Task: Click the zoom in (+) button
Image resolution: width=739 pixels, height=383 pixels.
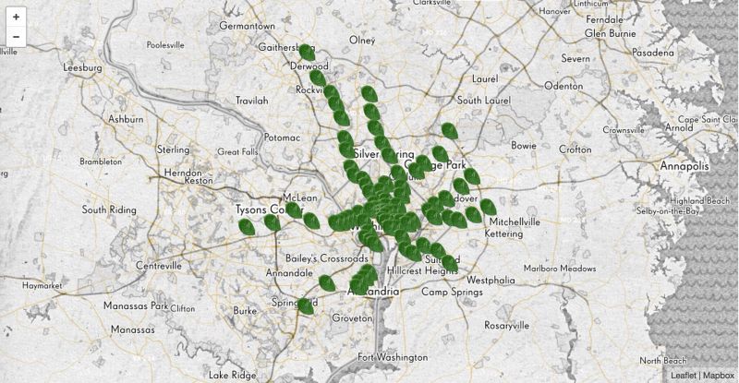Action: [x=16, y=17]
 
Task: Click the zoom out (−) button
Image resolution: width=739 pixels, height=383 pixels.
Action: [x=16, y=38]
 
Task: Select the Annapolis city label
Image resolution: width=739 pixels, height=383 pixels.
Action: [x=684, y=166]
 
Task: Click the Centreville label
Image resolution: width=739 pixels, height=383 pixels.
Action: [x=159, y=266]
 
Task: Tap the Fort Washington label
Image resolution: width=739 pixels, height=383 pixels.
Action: [x=393, y=357]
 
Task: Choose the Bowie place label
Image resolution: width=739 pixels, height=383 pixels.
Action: [x=523, y=146]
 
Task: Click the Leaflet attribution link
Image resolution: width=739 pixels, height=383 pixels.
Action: [x=683, y=376]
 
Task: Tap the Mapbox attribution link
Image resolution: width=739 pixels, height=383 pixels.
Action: [x=718, y=376]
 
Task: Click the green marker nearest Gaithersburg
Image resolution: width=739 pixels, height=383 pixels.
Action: [x=307, y=53]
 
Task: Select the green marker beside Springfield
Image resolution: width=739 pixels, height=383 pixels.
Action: [x=306, y=305]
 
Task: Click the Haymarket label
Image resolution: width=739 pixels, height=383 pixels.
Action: [x=41, y=286]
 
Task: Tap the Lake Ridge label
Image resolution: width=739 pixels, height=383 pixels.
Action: [x=231, y=375]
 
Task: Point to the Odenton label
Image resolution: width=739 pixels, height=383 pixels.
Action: [x=563, y=85]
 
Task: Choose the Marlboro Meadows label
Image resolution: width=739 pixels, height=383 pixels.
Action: [x=560, y=269]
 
